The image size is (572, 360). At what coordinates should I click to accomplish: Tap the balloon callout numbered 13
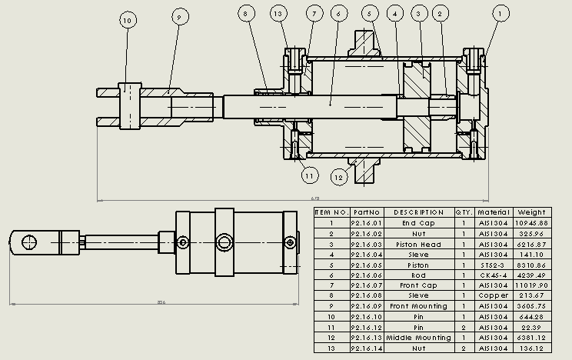(x=278, y=13)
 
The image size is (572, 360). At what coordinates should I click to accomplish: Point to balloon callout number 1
(x=501, y=13)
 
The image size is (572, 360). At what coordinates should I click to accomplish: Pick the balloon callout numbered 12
(x=339, y=176)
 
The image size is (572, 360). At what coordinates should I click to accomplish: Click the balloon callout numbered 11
(x=309, y=176)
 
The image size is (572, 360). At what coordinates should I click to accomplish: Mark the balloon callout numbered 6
(x=336, y=13)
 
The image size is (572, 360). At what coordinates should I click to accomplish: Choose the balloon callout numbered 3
(x=418, y=13)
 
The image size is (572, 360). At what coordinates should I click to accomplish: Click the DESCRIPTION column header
(x=418, y=212)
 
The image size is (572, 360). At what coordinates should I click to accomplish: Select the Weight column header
(x=531, y=212)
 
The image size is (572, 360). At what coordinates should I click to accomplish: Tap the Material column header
(x=494, y=212)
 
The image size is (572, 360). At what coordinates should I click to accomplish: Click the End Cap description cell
(x=418, y=223)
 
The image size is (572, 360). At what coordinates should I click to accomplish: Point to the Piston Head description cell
(x=418, y=244)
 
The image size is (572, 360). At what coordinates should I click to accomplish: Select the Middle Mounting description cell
(x=418, y=337)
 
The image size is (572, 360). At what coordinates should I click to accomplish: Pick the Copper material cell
(x=494, y=295)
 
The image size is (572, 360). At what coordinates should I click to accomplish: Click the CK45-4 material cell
(x=494, y=275)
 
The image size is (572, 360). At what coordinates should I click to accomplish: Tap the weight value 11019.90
(x=531, y=285)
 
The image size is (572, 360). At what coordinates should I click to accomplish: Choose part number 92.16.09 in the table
(x=366, y=306)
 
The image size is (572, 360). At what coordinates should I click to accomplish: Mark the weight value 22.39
(x=531, y=327)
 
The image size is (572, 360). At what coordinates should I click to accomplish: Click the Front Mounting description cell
(x=418, y=306)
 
